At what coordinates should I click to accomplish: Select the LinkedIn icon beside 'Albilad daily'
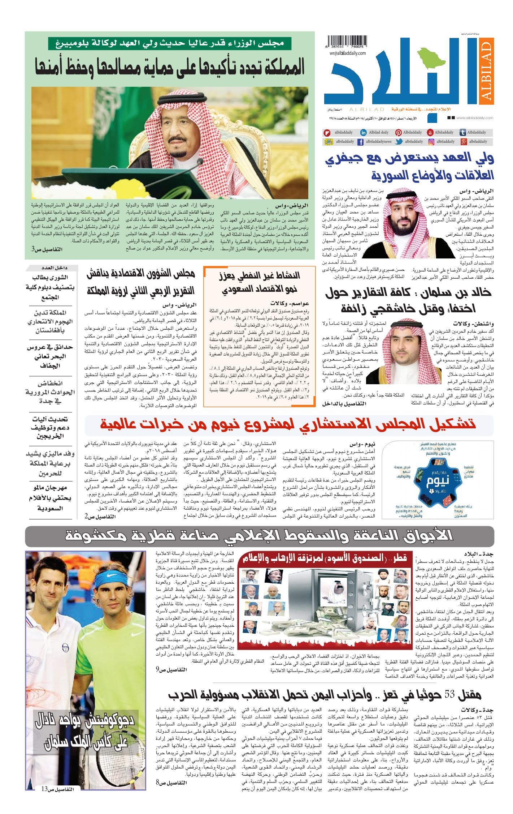click(x=364, y=132)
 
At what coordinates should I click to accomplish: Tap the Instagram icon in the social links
click(x=431, y=142)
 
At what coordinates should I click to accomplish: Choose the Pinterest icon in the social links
click(x=399, y=132)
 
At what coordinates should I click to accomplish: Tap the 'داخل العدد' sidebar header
click(x=53, y=268)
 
